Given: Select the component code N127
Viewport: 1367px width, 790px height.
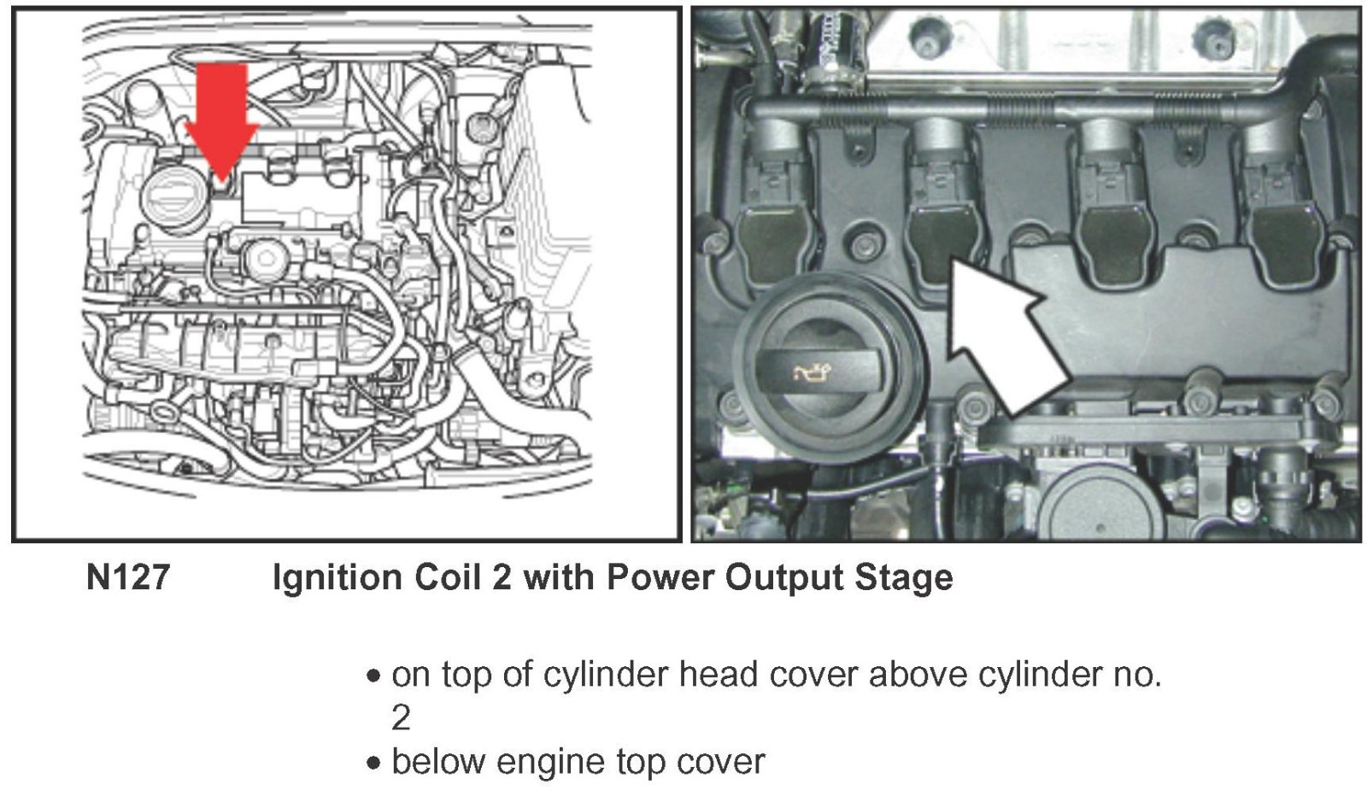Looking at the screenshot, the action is tap(128, 576).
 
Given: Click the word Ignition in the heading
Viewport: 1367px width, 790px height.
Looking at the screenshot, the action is tap(337, 577).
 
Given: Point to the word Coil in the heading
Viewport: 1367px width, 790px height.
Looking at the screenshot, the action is tap(449, 576).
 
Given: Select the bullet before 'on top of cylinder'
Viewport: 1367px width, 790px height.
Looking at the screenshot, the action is tap(373, 676).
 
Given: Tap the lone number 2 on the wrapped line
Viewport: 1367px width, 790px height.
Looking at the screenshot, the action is tap(401, 718).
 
